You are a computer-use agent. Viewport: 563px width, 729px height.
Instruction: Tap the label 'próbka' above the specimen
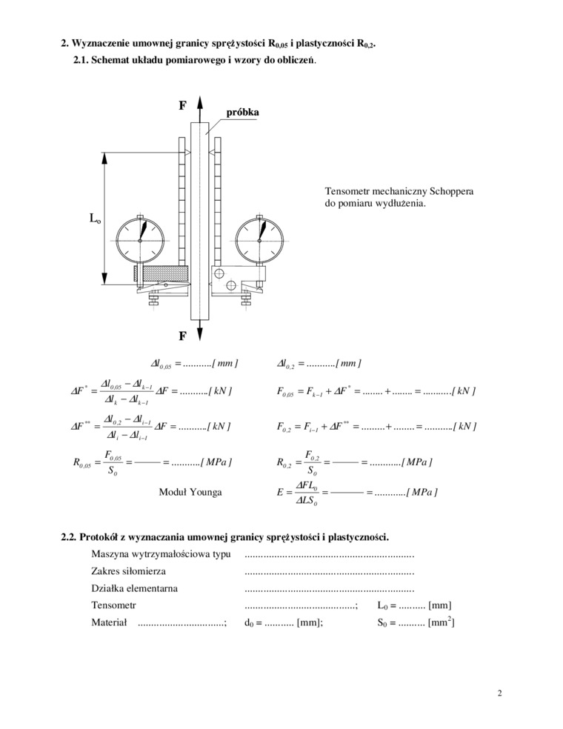coord(241,112)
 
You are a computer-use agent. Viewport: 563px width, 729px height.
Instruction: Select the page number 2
coord(500,693)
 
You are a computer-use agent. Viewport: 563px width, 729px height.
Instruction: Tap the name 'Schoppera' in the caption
coord(450,192)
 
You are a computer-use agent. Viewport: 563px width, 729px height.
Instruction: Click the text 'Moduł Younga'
coord(190,491)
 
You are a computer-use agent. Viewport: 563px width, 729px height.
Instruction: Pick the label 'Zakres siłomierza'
coord(128,571)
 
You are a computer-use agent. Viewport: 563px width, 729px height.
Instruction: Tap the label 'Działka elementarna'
coord(134,589)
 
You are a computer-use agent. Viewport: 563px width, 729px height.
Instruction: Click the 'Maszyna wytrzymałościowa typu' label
coord(160,554)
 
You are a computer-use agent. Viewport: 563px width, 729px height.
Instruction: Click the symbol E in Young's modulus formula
coord(280,491)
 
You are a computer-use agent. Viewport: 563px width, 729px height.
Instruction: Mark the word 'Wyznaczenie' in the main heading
coord(105,44)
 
